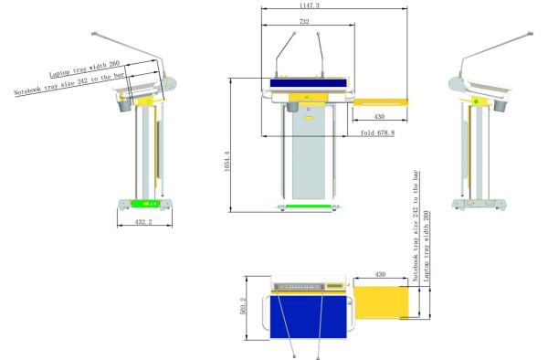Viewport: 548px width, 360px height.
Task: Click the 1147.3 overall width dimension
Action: pyautogui.click(x=310, y=5)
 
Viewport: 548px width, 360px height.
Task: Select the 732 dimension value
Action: pyautogui.click(x=304, y=21)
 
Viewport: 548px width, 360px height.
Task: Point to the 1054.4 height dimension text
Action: pyautogui.click(x=227, y=161)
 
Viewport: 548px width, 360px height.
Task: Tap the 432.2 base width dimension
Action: pyautogui.click(x=143, y=222)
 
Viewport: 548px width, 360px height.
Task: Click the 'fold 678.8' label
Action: pyautogui.click(x=377, y=132)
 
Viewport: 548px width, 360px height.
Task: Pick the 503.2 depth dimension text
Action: pyautogui.click(x=243, y=306)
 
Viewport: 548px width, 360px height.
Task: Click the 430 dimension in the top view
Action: pyautogui.click(x=380, y=274)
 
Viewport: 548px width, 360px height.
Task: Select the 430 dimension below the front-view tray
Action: pyautogui.click(x=379, y=116)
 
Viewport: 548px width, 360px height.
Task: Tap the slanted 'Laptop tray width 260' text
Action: pyautogui.click(x=85, y=69)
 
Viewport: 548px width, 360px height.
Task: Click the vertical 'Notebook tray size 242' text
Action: pyautogui.click(x=416, y=226)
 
